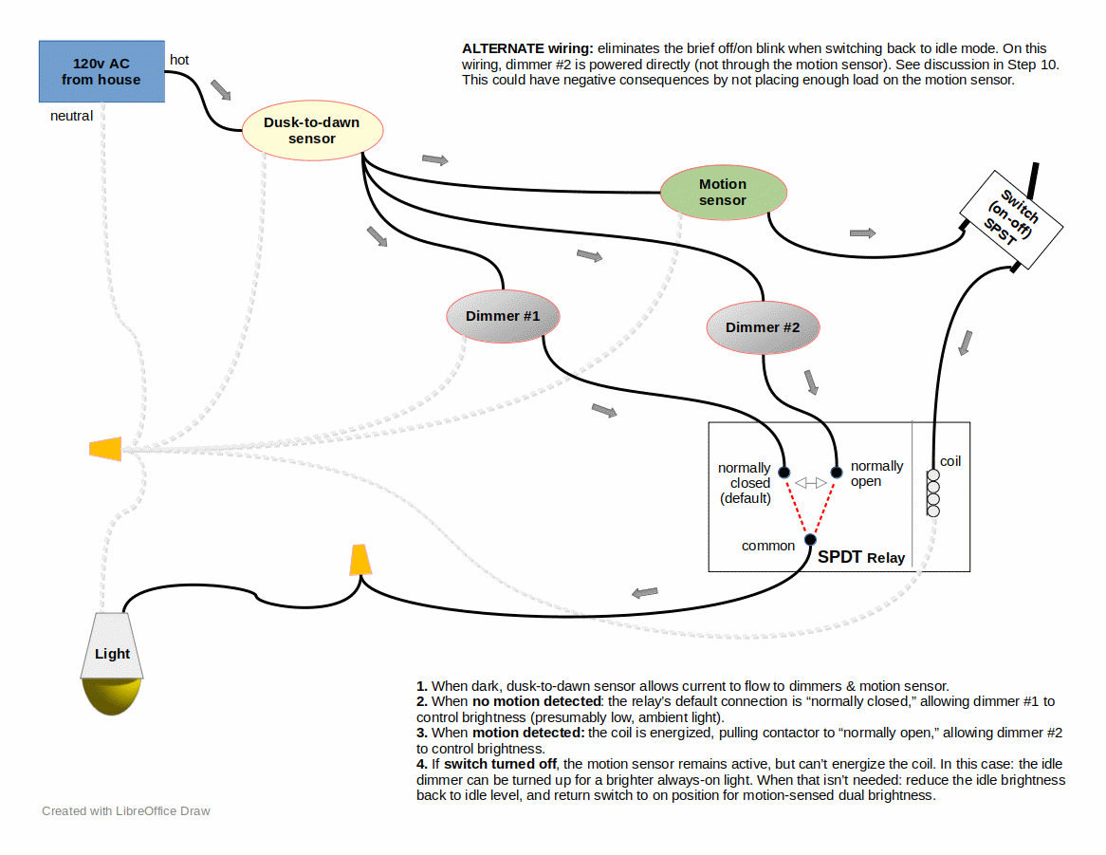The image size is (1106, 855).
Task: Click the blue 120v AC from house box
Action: (101, 71)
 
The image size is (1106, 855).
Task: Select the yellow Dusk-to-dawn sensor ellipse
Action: (312, 131)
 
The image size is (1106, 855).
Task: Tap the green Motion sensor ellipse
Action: (723, 192)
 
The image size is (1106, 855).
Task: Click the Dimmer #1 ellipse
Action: (502, 315)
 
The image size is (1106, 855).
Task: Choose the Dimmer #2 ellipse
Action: (763, 327)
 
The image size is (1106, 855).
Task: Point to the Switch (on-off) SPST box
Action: (1011, 217)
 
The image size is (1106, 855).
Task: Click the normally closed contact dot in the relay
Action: (784, 473)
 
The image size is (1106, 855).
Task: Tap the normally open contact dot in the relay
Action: (837, 472)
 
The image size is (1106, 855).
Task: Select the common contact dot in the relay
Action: (810, 540)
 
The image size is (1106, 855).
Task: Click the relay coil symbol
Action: (933, 492)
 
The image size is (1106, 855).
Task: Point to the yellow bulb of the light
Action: (111, 697)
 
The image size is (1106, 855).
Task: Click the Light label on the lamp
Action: (112, 654)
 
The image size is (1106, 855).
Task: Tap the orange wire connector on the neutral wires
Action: (105, 449)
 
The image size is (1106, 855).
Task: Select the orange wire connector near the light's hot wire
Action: (359, 560)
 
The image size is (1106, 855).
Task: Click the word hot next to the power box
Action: (179, 60)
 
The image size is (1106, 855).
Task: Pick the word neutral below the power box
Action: (71, 116)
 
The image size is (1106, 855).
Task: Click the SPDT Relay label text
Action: (861, 557)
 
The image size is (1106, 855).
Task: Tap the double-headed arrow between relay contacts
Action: (810, 483)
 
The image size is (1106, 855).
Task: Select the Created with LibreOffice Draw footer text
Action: (126, 811)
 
